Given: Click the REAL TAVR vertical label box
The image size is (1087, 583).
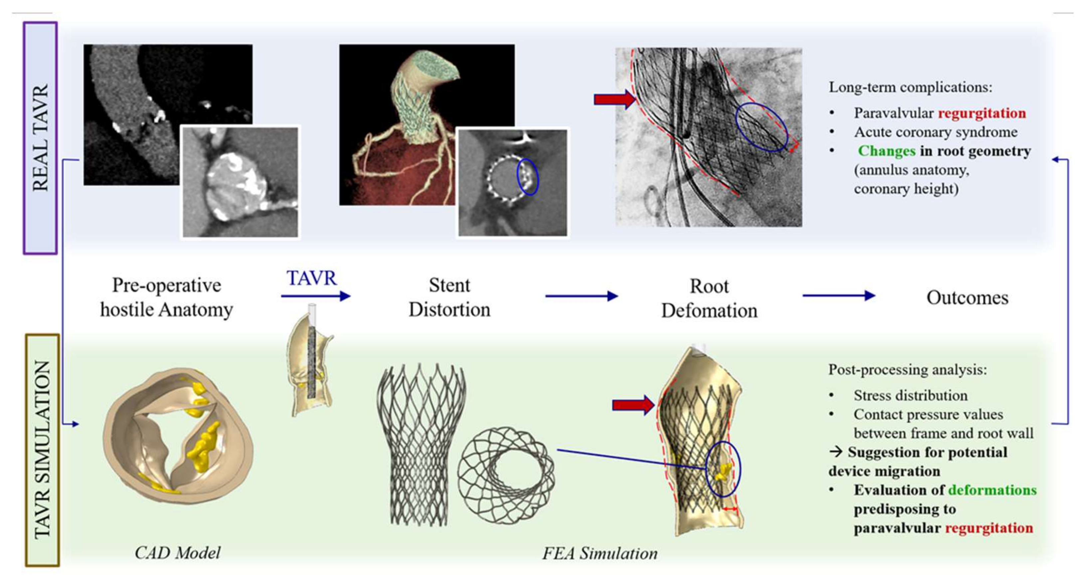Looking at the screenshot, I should pos(40,138).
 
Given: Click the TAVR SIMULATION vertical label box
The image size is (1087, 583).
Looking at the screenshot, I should pos(42,450).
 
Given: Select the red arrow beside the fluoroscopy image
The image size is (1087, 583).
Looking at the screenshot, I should pos(614,99).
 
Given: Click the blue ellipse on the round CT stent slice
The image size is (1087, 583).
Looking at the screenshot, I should pos(528,176).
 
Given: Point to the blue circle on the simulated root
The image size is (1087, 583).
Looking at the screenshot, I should pos(723,469).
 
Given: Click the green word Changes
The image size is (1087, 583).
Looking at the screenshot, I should pos(886,151).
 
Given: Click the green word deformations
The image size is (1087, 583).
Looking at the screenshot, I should pos(992,490).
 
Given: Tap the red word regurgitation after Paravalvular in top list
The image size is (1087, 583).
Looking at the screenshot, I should pos(982,113).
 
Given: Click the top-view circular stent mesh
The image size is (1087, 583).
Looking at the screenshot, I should pos(506,476).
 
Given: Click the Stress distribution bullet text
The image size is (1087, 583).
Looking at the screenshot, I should pos(910,396).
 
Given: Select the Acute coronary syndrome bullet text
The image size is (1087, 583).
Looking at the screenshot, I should pos(936,132).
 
